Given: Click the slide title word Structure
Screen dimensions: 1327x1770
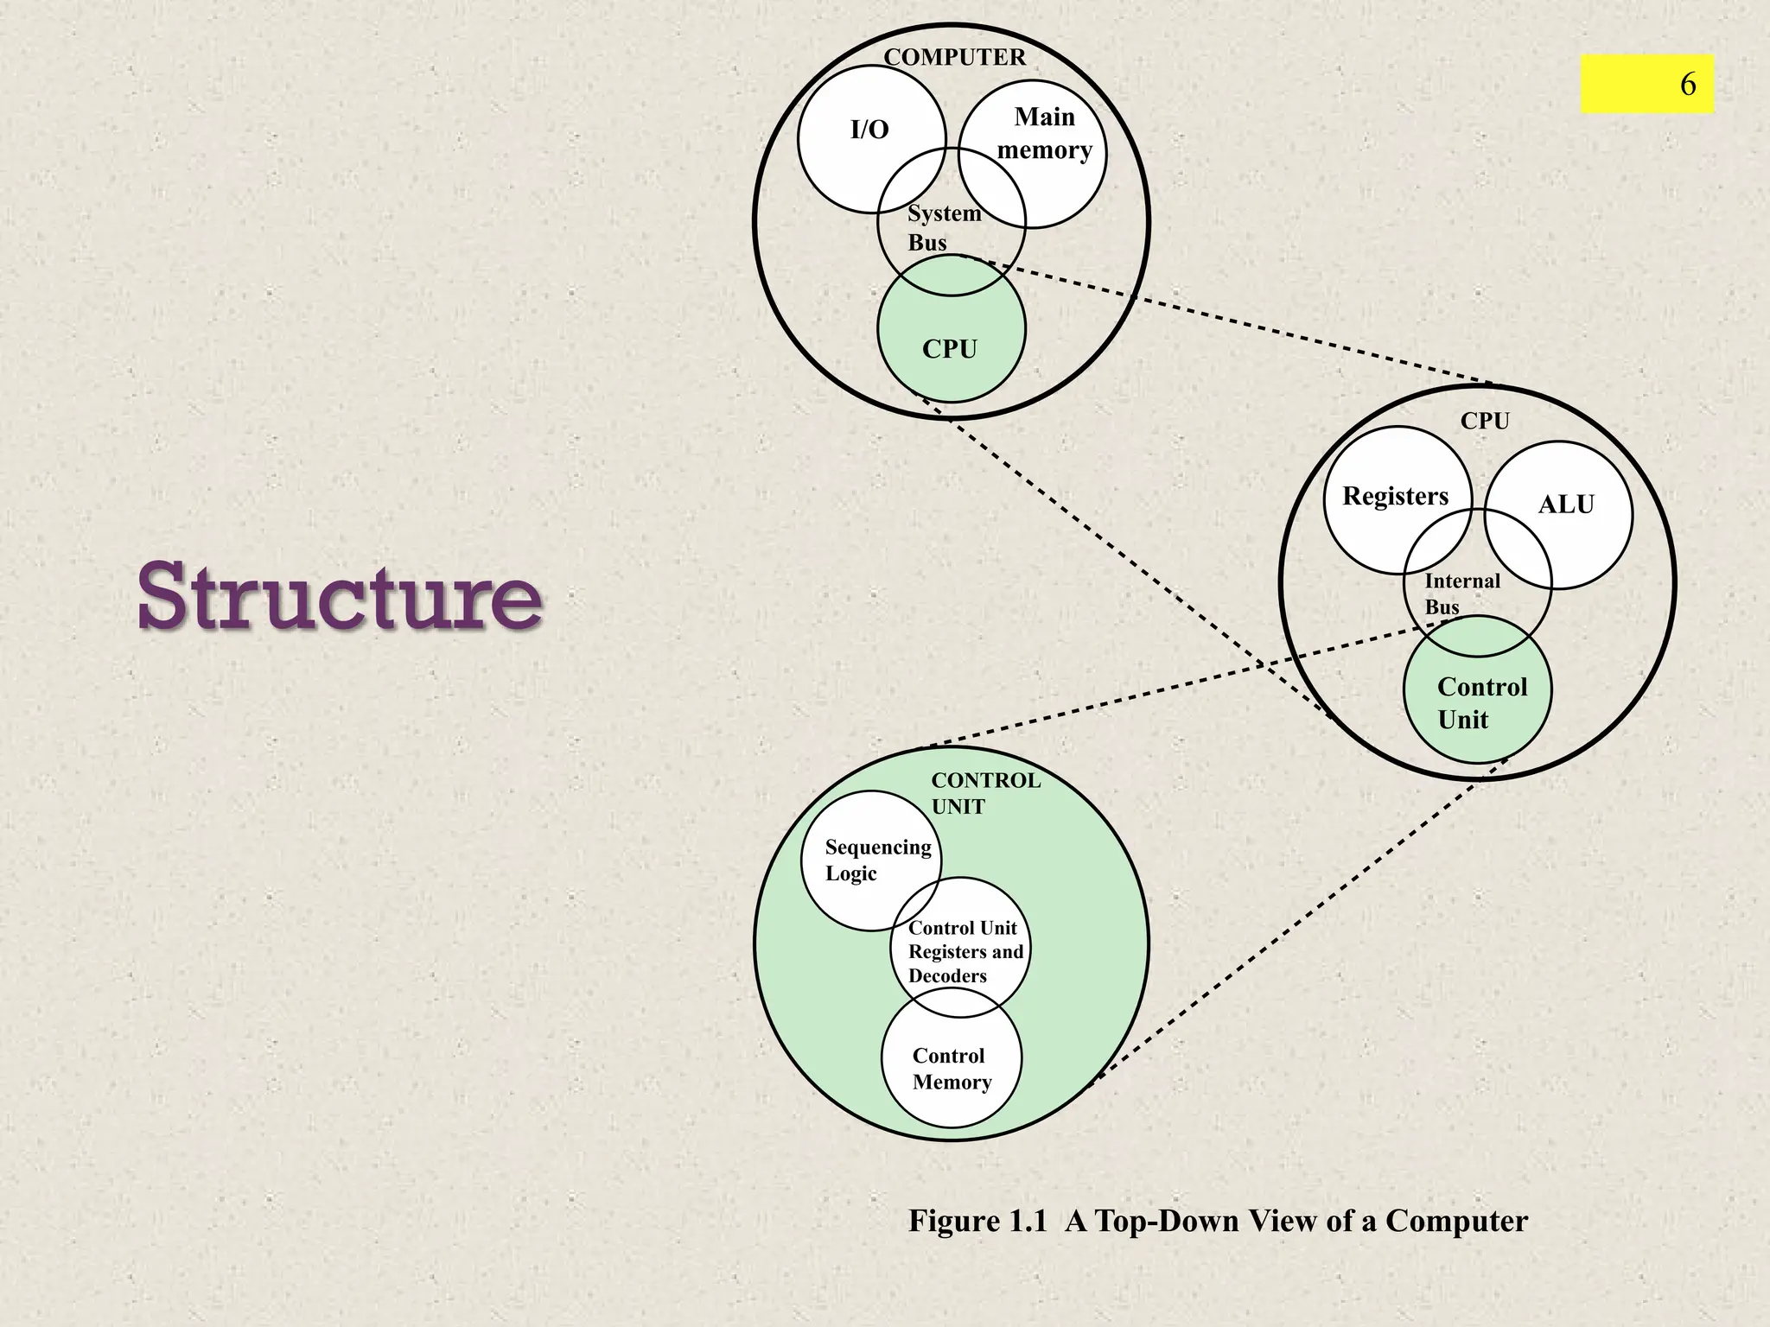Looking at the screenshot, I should [x=340, y=596].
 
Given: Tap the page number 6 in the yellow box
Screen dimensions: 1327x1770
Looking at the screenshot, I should [x=1687, y=84].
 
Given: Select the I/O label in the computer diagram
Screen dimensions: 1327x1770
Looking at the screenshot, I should [x=869, y=130].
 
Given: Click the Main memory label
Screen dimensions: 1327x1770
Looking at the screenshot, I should [x=1045, y=133].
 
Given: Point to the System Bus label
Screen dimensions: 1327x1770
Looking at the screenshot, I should [x=943, y=228].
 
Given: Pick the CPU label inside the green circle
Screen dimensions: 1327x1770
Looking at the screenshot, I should [x=950, y=349].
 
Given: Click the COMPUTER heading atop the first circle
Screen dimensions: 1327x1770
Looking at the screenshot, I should [x=954, y=57].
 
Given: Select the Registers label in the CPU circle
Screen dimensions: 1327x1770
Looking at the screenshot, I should [x=1395, y=496].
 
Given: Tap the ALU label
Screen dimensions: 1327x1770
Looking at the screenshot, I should [x=1566, y=505].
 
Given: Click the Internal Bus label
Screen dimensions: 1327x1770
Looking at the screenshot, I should [x=1461, y=594].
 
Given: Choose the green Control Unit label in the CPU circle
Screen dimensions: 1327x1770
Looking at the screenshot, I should [x=1481, y=703].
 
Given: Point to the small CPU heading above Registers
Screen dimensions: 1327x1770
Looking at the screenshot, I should [x=1485, y=421].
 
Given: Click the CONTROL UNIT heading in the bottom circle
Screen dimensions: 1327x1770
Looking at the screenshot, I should [x=985, y=793].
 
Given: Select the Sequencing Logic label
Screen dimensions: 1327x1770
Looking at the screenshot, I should [x=877, y=860].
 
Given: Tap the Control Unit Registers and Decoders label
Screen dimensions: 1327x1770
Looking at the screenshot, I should [x=965, y=952].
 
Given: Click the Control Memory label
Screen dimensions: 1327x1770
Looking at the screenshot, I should [x=952, y=1069].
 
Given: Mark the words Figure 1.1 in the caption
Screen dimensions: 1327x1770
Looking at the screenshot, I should [x=977, y=1221].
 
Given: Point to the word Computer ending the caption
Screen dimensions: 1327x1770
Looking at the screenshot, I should [x=1456, y=1221].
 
